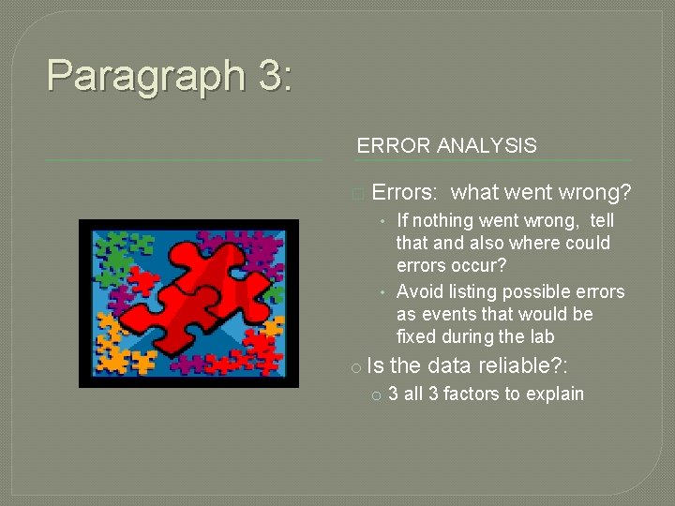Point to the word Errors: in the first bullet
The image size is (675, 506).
coord(404,193)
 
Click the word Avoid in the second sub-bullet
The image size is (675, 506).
coord(420,292)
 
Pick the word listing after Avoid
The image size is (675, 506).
coord(474,292)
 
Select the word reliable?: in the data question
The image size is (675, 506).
coord(524,366)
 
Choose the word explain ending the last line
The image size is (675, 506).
coord(554,394)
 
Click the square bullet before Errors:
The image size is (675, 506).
coord(356,195)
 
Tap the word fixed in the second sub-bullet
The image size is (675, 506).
coord(418,337)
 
